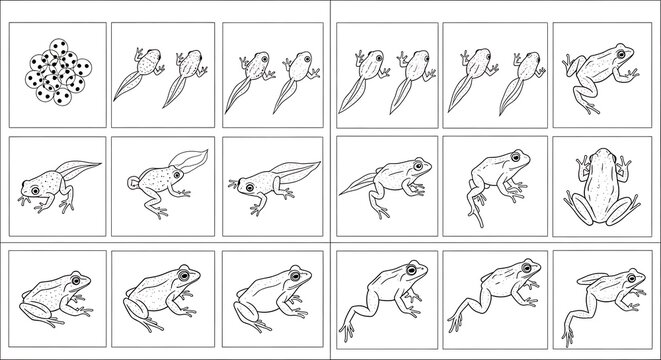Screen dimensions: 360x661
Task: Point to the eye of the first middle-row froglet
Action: (x=37, y=189)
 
